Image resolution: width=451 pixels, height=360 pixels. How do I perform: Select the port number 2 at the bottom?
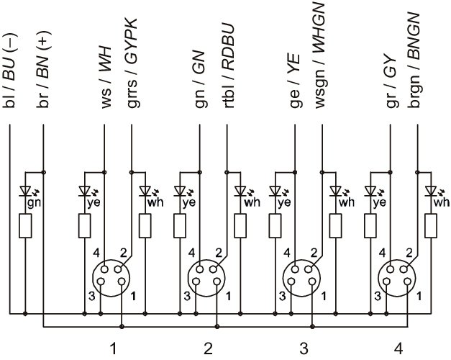click(x=208, y=348)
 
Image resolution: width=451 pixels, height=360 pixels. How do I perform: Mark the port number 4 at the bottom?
click(x=399, y=348)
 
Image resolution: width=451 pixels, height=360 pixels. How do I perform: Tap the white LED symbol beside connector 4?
click(x=431, y=192)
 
